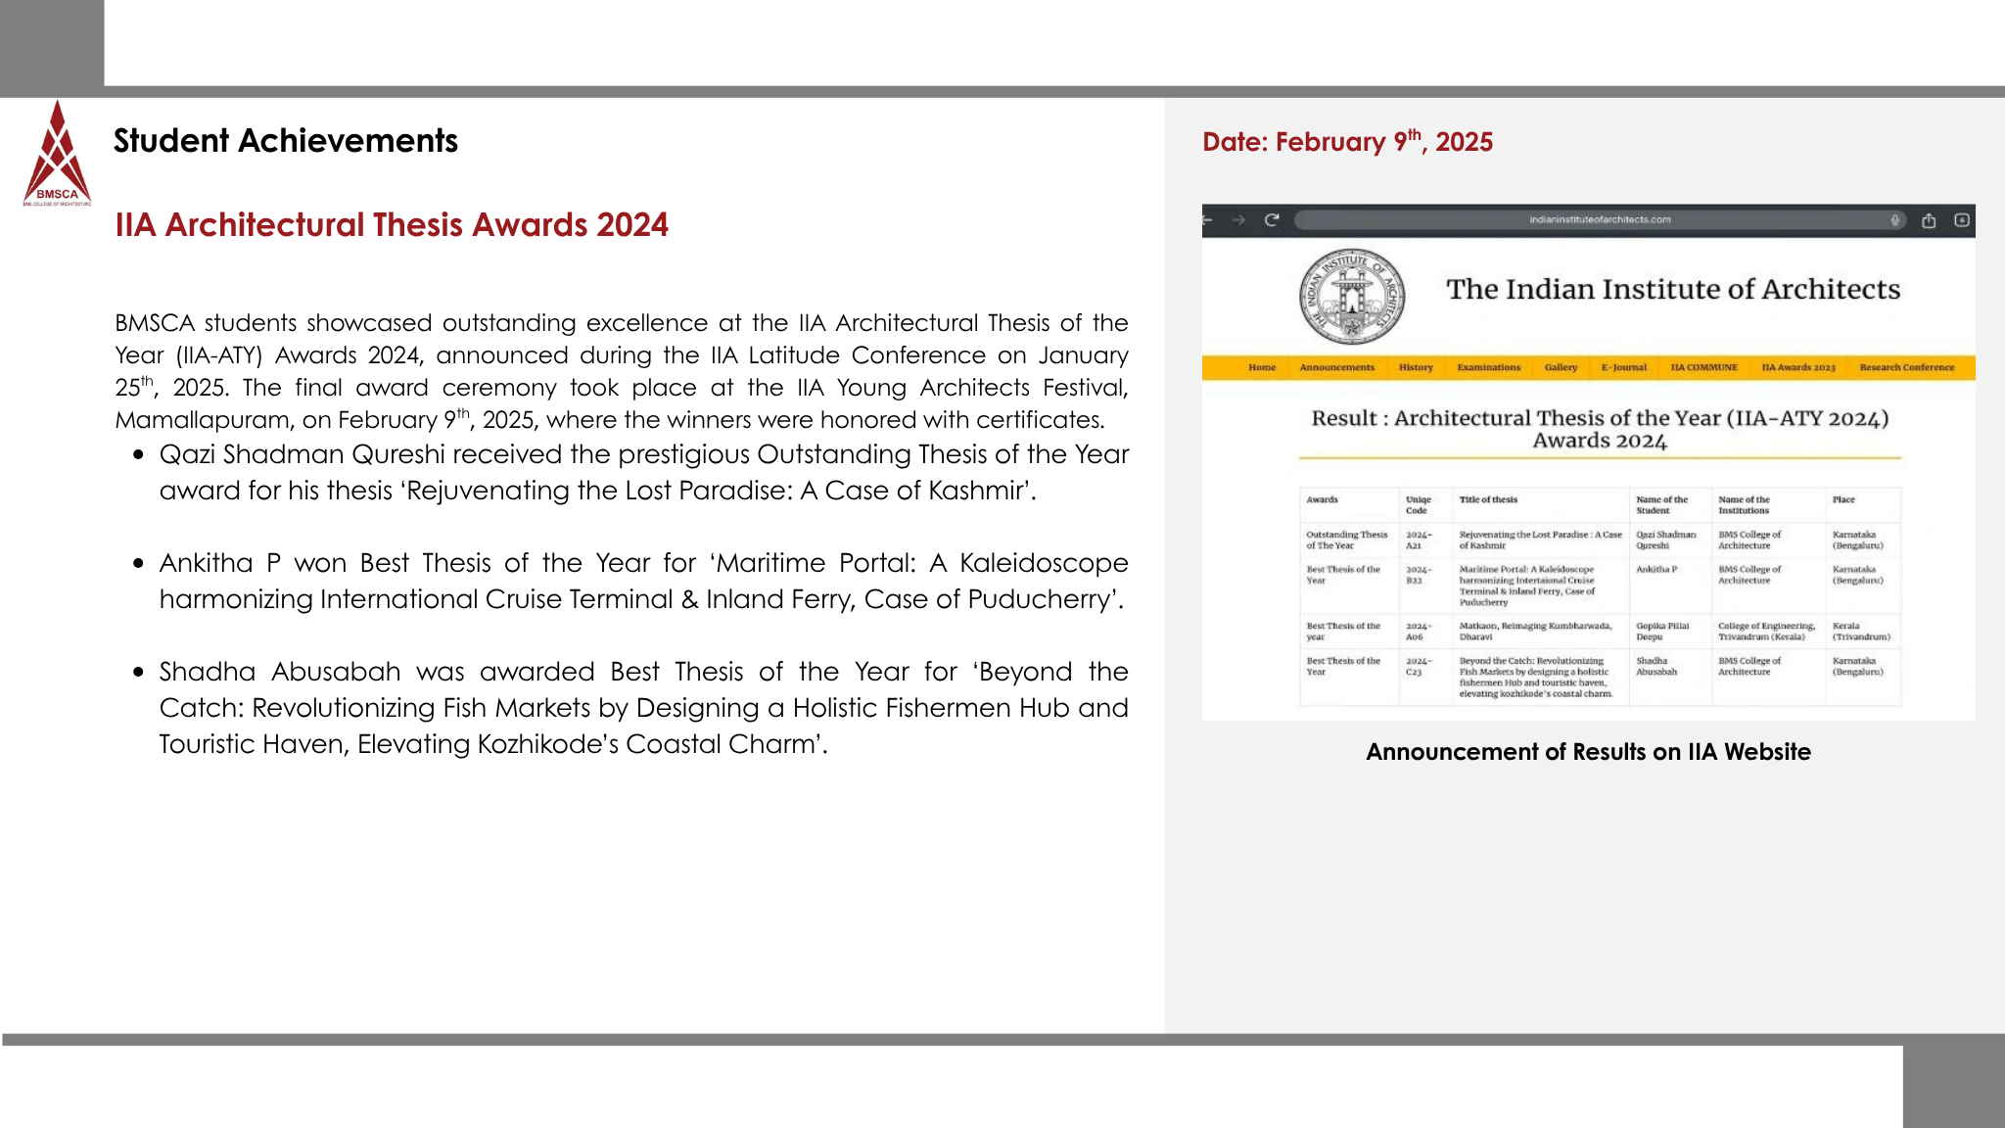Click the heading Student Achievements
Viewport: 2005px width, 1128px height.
(285, 141)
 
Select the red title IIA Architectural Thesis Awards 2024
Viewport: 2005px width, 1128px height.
(392, 225)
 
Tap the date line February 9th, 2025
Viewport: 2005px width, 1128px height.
(1347, 142)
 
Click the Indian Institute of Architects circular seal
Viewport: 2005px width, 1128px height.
(1351, 295)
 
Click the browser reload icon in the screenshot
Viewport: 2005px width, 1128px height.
(1272, 220)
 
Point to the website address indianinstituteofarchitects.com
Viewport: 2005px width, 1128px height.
(1600, 220)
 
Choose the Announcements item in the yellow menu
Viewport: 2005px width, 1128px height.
(1336, 368)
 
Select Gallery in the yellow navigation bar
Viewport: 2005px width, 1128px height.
(1561, 368)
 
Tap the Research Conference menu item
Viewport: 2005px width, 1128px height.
(1906, 368)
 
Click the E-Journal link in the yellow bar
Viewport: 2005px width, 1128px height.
(1623, 368)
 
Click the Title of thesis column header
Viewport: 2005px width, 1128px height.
(1488, 500)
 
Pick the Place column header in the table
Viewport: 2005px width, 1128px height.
(1843, 500)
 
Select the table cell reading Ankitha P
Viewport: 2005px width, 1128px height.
(1656, 570)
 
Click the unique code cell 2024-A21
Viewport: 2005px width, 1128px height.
(1418, 540)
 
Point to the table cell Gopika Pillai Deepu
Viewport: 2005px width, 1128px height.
(1661, 632)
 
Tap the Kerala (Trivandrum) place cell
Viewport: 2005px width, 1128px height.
(1860, 632)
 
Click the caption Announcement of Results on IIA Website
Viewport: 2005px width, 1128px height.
(1588, 752)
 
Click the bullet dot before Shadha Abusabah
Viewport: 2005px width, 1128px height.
(139, 673)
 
